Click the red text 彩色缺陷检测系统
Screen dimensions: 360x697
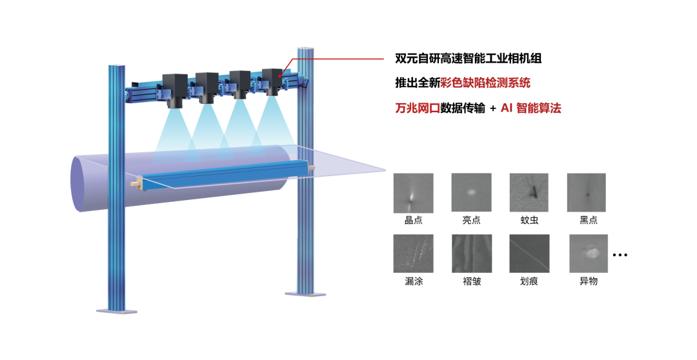coord(485,83)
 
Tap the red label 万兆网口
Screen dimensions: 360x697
coord(418,108)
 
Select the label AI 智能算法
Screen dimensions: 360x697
coord(530,108)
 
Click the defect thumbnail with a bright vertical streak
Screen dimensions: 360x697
coord(413,193)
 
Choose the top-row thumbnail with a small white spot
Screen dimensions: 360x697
coord(471,193)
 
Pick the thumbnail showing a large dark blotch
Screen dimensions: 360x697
coord(529,192)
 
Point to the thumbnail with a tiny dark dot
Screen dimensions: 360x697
coord(586,192)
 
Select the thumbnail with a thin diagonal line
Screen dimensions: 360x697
coord(529,253)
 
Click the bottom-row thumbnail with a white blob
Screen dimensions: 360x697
coord(589,253)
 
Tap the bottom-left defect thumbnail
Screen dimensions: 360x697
coord(413,253)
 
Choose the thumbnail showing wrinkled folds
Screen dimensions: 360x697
coord(471,253)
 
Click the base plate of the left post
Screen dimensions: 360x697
coord(117,311)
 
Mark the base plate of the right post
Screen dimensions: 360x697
coord(305,294)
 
